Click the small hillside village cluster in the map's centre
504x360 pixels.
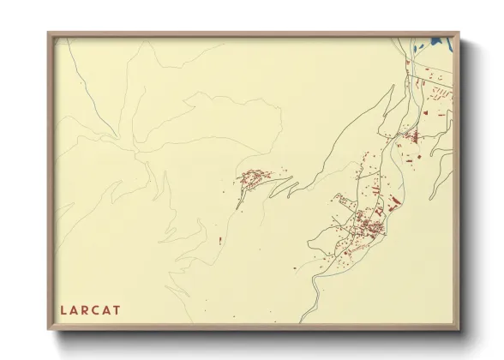pos(253,180)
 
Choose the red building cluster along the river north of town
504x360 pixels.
pos(410,137)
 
